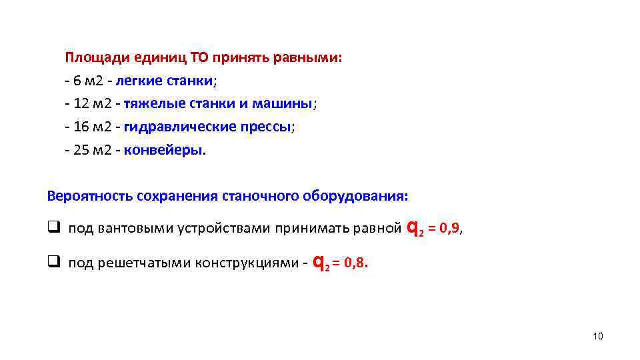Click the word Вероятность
(89, 197)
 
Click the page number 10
(597, 336)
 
